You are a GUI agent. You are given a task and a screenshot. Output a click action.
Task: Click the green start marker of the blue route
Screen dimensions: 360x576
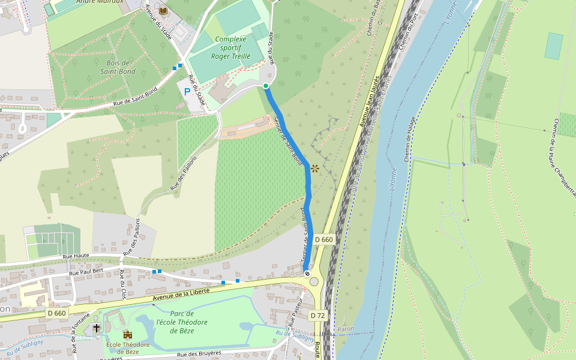(x=266, y=86)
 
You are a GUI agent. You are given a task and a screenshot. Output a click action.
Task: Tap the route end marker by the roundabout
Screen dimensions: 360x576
(x=307, y=274)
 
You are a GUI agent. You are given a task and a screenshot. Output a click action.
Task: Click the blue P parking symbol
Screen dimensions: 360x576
(x=187, y=92)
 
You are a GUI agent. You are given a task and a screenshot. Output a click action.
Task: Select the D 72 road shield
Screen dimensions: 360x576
(x=318, y=315)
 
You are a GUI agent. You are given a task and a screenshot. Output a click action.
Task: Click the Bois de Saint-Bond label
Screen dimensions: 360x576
(x=117, y=67)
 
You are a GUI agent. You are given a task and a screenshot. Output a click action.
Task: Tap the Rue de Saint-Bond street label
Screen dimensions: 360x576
(x=135, y=97)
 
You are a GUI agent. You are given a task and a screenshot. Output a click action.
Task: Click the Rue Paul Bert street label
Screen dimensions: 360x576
(x=88, y=272)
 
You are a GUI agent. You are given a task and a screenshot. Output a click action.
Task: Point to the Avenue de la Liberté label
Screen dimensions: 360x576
(x=181, y=294)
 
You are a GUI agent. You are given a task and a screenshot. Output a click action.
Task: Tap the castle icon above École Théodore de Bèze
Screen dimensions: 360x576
(x=127, y=334)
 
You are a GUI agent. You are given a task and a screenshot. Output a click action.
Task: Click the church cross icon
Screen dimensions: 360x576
(x=97, y=328)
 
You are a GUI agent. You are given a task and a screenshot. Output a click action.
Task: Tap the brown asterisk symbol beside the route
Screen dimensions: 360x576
(x=314, y=169)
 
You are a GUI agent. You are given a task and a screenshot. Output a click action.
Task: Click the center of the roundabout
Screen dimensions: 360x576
(x=314, y=281)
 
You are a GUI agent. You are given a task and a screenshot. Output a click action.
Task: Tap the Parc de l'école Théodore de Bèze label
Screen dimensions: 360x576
(x=181, y=322)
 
